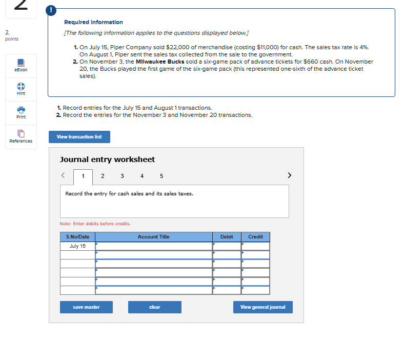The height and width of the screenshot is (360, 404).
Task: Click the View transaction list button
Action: [79, 137]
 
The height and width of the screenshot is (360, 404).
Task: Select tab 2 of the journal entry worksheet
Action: [103, 176]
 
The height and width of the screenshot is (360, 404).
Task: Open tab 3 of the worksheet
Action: [122, 176]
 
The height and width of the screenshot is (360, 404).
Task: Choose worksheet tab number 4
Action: [142, 176]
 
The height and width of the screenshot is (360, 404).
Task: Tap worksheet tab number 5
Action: [161, 176]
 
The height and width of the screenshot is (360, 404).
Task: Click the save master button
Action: [86, 307]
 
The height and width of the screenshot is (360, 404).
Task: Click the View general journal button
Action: [262, 307]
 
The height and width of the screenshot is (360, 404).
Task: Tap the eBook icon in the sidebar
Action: [21, 64]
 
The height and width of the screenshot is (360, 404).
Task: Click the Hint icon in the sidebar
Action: [21, 88]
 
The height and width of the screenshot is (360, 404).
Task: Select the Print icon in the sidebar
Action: [21, 112]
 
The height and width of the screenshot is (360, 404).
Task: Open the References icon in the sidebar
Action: [21, 136]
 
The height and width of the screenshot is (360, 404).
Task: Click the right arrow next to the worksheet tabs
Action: [290, 175]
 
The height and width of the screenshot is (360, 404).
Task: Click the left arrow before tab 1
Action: [64, 175]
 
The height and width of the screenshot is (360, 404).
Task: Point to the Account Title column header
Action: [153, 237]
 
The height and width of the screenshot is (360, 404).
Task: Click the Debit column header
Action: [227, 237]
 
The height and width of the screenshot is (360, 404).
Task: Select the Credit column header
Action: [255, 237]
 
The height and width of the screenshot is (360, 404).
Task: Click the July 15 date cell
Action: [77, 246]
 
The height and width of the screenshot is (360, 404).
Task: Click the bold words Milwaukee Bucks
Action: [164, 62]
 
